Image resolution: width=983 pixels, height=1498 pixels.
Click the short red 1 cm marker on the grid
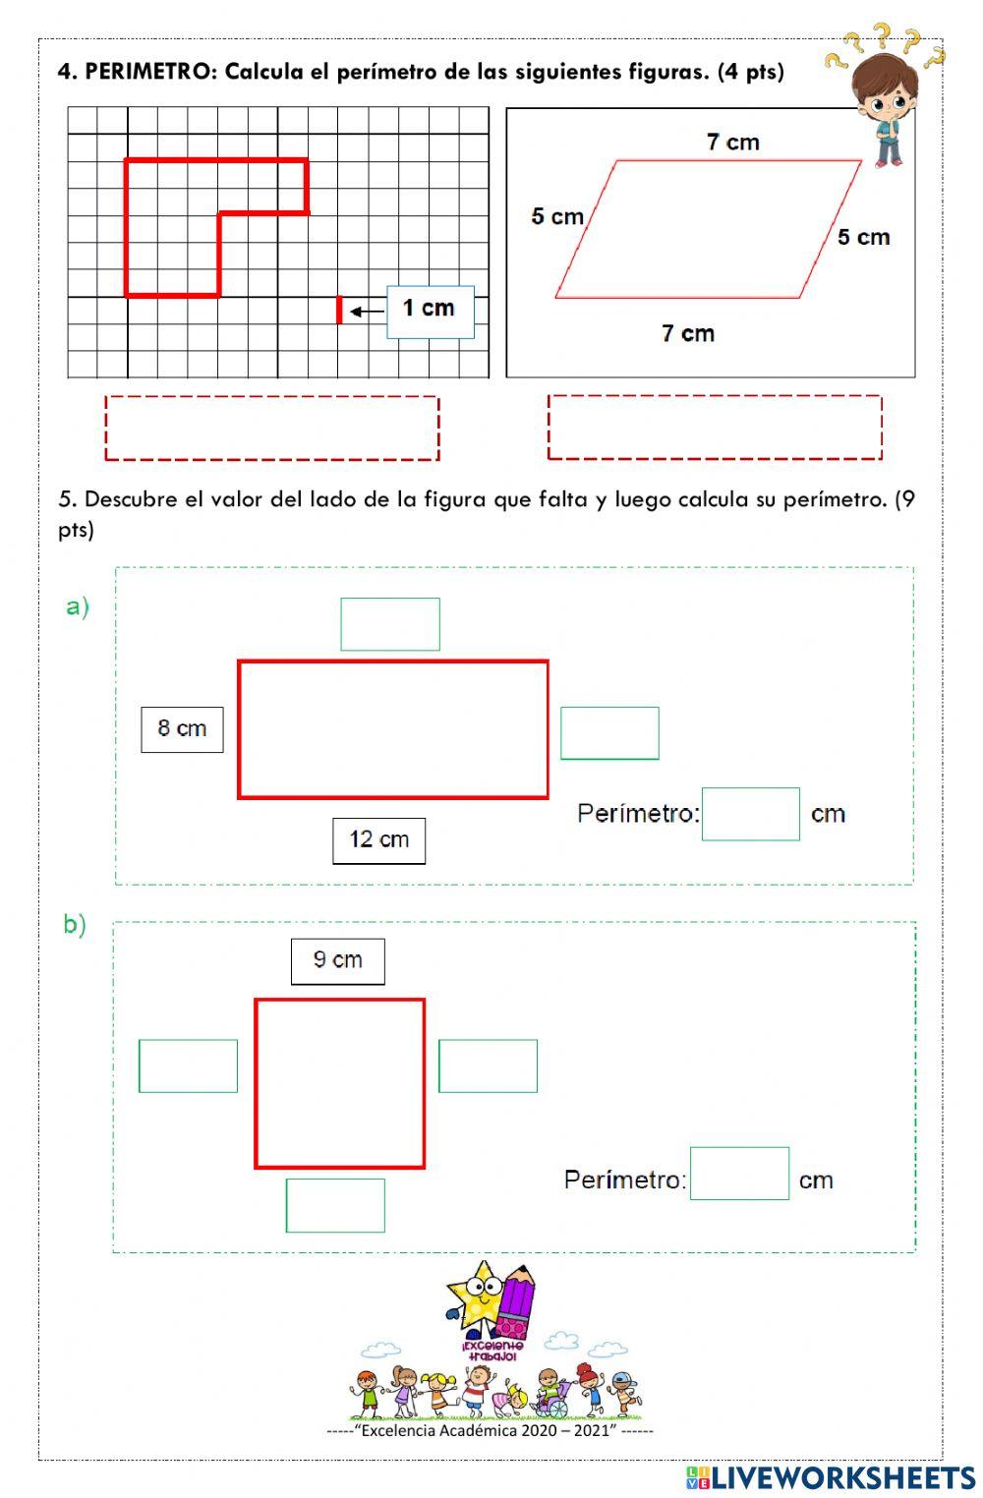coord(339,309)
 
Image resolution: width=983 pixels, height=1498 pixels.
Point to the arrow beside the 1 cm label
coord(368,312)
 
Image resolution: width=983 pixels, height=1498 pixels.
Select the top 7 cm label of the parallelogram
coord(732,143)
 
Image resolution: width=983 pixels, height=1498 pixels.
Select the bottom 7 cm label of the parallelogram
coord(687,333)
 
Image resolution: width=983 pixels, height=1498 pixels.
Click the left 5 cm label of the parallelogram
coord(556,216)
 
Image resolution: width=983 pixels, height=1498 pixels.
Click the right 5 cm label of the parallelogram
coord(863,237)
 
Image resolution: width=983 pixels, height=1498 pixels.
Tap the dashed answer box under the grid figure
coord(271,428)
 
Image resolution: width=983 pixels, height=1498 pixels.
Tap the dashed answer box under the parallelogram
coord(714,427)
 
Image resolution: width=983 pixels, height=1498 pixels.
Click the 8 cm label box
coord(182,729)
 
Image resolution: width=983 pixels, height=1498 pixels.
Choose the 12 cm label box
coord(378,840)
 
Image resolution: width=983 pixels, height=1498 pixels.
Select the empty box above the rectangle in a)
coord(389,624)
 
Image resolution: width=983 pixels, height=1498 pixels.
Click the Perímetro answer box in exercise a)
coord(750,814)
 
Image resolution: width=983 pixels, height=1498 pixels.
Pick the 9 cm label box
coord(337,960)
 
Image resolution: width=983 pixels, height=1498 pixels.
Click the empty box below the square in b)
coord(335,1205)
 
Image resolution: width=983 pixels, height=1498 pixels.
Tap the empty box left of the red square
coord(188,1066)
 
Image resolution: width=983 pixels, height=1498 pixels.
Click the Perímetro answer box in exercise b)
coord(739,1174)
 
